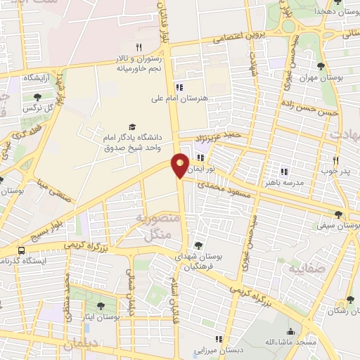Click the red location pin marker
point(180,165)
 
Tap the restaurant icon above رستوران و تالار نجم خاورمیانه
point(139,47)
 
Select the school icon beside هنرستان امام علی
point(179,87)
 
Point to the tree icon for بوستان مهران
point(321,66)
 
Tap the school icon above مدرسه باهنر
point(284,171)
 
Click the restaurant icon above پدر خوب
point(335,160)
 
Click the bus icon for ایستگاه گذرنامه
point(22,250)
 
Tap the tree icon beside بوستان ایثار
point(101,306)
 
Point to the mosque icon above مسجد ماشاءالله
point(290,331)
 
